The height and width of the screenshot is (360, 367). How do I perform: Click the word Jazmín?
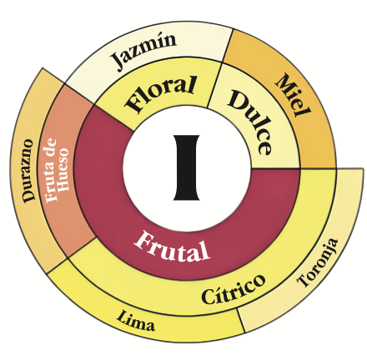pos(143,51)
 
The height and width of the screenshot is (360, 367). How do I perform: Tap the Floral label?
pos(161,93)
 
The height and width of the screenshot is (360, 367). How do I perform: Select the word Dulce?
pos(250,122)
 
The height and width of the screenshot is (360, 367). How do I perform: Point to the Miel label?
pos(293,95)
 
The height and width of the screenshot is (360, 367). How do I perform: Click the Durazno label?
pos(28,171)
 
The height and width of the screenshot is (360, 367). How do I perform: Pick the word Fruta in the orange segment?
pos(51,182)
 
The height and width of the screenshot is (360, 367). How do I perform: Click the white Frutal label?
pos(172,247)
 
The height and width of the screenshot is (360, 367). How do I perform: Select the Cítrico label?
pos(233,289)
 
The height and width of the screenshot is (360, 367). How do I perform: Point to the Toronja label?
pos(318,262)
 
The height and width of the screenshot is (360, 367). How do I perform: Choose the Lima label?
pos(135,320)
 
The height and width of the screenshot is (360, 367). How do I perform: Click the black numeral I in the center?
pos(187,167)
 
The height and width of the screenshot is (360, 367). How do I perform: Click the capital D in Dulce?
pos(239,100)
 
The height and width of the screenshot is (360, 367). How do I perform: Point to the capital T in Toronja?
pos(304,280)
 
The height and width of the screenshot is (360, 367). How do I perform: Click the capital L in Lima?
pos(121,316)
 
